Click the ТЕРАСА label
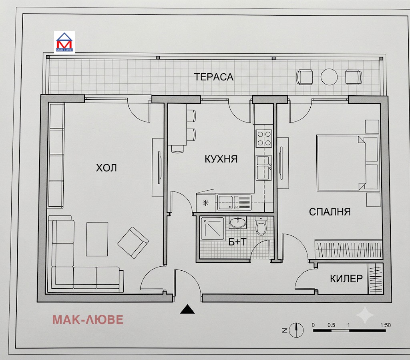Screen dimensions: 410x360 tap(214, 77)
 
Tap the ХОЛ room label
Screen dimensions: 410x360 tap(106, 168)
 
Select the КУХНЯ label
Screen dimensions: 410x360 tap(221, 159)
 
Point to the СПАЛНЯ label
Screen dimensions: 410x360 tap(330, 212)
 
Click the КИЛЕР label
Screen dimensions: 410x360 tap(346, 279)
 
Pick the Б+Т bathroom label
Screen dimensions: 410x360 tap(237, 242)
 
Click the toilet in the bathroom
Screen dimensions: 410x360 tap(261, 226)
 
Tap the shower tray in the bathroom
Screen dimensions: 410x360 tap(212, 229)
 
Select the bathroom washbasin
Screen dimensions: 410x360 tap(238, 223)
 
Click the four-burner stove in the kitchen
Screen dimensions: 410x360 tap(264, 139)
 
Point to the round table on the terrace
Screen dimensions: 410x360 tap(329, 77)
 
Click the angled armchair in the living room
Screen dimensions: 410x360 tap(133, 243)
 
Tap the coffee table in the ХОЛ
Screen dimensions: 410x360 tap(97, 239)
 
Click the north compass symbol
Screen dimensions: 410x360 tap(296, 330)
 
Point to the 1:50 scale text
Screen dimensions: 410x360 tap(386, 325)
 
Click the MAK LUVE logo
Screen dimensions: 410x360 tap(64, 42)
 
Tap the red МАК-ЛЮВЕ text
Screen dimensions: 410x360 tap(88, 320)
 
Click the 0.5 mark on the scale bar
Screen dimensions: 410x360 tap(331, 325)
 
